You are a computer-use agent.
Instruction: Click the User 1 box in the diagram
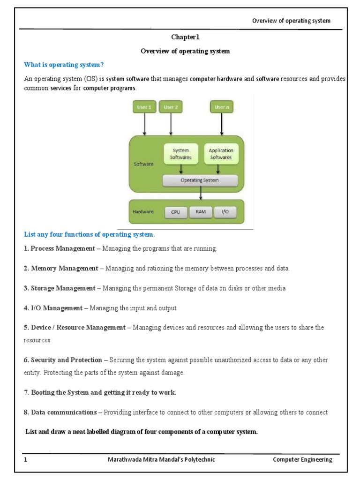[x=144, y=107]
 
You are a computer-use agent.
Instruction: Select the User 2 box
[x=171, y=107]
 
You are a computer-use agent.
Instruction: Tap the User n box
[x=222, y=107]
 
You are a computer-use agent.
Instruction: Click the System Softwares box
[x=180, y=154]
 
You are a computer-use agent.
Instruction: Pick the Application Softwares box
[x=221, y=154]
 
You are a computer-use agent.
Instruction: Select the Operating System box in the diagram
[x=200, y=180]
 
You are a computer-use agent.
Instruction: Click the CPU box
[x=175, y=212]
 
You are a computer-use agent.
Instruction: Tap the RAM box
[x=201, y=212]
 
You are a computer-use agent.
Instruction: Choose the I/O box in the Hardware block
[x=225, y=212]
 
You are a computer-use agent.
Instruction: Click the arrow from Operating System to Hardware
[x=201, y=193]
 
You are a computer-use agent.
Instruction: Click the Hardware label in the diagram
[x=143, y=212]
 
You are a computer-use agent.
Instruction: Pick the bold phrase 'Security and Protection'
[x=66, y=360]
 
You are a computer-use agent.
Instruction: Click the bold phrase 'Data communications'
[x=64, y=412]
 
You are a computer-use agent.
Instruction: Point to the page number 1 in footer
[x=26, y=459]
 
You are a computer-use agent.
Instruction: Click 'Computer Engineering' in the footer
[x=302, y=459]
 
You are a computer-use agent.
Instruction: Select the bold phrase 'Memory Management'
[x=65, y=269]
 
